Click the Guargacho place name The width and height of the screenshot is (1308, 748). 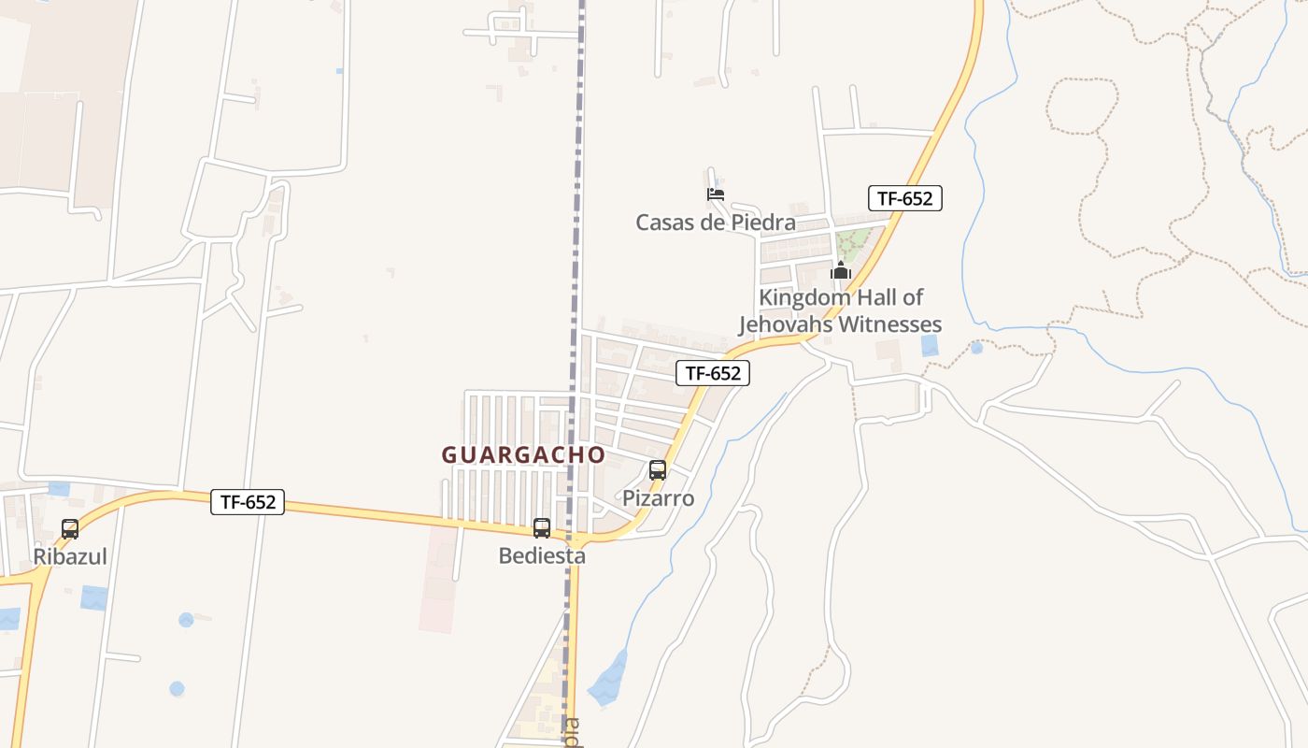click(x=523, y=454)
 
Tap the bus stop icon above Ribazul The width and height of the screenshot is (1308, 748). click(x=70, y=529)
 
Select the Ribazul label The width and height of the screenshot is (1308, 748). click(x=70, y=556)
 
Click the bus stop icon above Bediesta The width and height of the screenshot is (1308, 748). click(x=542, y=528)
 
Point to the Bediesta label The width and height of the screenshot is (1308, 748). click(x=542, y=555)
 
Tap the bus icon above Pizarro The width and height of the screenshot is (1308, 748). click(x=658, y=470)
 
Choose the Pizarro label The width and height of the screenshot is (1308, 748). click(x=659, y=498)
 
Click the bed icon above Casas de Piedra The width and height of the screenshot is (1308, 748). click(x=716, y=194)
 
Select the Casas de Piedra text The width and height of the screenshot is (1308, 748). click(x=716, y=223)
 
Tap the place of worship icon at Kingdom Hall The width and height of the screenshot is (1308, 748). click(x=841, y=271)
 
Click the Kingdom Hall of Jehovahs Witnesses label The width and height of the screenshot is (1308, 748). click(x=841, y=311)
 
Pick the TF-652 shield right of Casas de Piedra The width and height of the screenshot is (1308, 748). click(x=904, y=198)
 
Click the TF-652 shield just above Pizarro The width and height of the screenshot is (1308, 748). click(x=713, y=373)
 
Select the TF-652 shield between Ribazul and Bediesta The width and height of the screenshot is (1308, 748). click(x=248, y=502)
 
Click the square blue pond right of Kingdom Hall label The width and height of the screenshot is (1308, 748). click(x=930, y=345)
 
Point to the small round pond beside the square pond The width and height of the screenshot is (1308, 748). click(x=976, y=348)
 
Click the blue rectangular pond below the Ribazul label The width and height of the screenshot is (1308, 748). click(x=93, y=597)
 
